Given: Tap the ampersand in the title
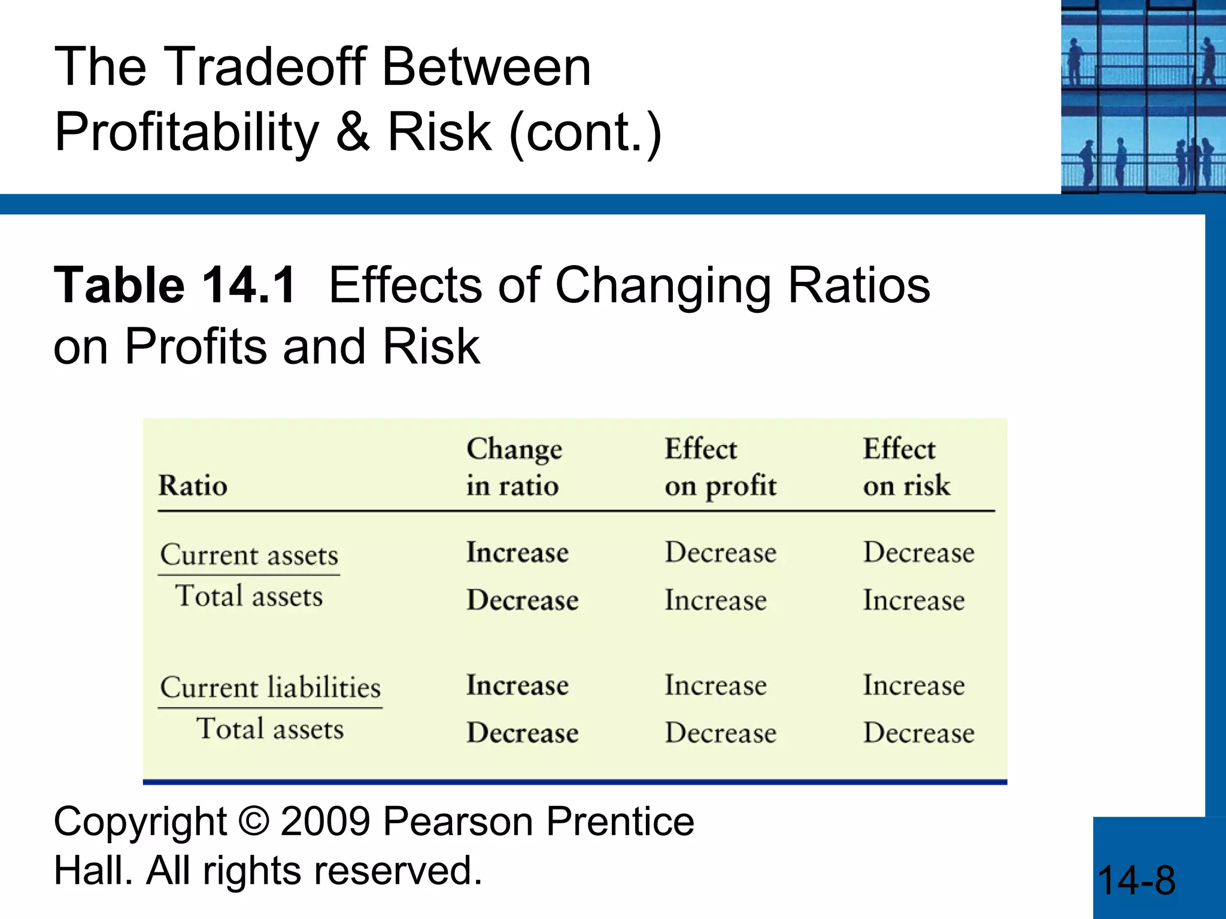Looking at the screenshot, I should tap(353, 133).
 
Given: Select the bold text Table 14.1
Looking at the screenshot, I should tap(175, 285).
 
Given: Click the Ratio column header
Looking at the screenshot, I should tap(193, 485).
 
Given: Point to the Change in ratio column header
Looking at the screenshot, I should tap(514, 467).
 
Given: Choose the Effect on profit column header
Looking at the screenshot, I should tap(720, 467).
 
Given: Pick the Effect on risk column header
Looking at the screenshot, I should tap(906, 467).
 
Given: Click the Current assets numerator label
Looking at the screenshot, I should tap(249, 555).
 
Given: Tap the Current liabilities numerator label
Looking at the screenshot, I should tap(270, 687).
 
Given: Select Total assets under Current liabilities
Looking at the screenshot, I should tap(270, 729).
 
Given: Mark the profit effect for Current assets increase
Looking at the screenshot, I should tap(720, 552).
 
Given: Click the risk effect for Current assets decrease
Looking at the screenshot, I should tap(914, 600).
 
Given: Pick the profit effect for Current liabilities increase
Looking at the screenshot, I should tap(715, 685).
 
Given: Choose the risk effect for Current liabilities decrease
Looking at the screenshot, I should tap(918, 733).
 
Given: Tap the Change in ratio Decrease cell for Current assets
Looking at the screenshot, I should tap(522, 600).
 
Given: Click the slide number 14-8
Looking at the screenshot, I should tap(1136, 881).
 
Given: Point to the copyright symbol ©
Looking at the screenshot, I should tap(254, 821).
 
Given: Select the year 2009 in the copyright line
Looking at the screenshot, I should tap(326, 821).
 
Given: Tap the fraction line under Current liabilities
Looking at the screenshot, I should tap(270, 708).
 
